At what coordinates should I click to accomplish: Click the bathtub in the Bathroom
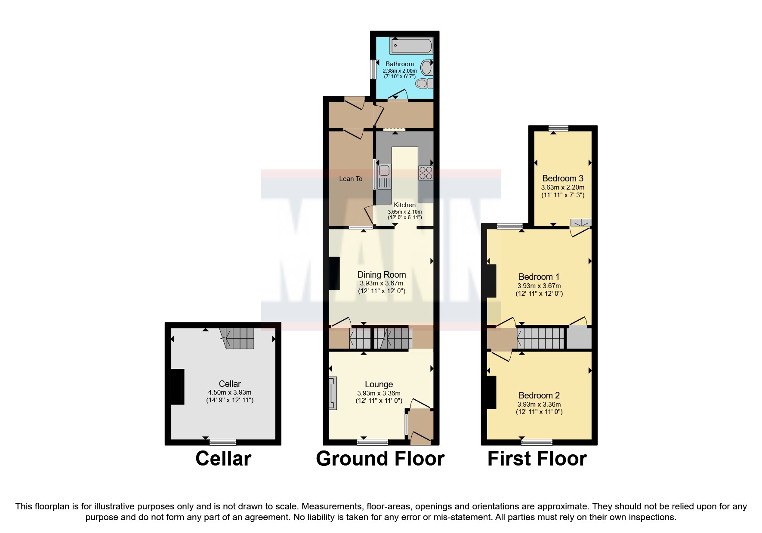pos(411,45)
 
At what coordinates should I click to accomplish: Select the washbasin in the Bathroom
pos(426,68)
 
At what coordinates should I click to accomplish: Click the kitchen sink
pos(384,177)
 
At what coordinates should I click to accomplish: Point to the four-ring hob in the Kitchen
pos(426,173)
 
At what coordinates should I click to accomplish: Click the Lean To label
pos(351,179)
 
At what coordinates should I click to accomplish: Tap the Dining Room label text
pos(382,275)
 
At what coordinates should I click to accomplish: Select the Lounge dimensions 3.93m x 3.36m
pos(379,393)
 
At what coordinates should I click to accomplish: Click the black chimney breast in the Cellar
pos(177,386)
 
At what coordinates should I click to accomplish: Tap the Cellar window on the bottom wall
pos(223,441)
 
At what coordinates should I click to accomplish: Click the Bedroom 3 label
pos(562,178)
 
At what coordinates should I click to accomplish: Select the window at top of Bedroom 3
pos(558,128)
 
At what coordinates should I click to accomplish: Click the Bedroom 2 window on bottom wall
pos(537,441)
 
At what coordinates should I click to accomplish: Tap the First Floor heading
pos(537,459)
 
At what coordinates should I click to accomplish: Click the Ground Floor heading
pos(380,459)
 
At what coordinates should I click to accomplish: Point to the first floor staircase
pos(540,338)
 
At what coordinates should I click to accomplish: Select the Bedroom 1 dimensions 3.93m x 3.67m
pos(539,286)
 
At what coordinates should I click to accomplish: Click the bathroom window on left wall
pos(373,69)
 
